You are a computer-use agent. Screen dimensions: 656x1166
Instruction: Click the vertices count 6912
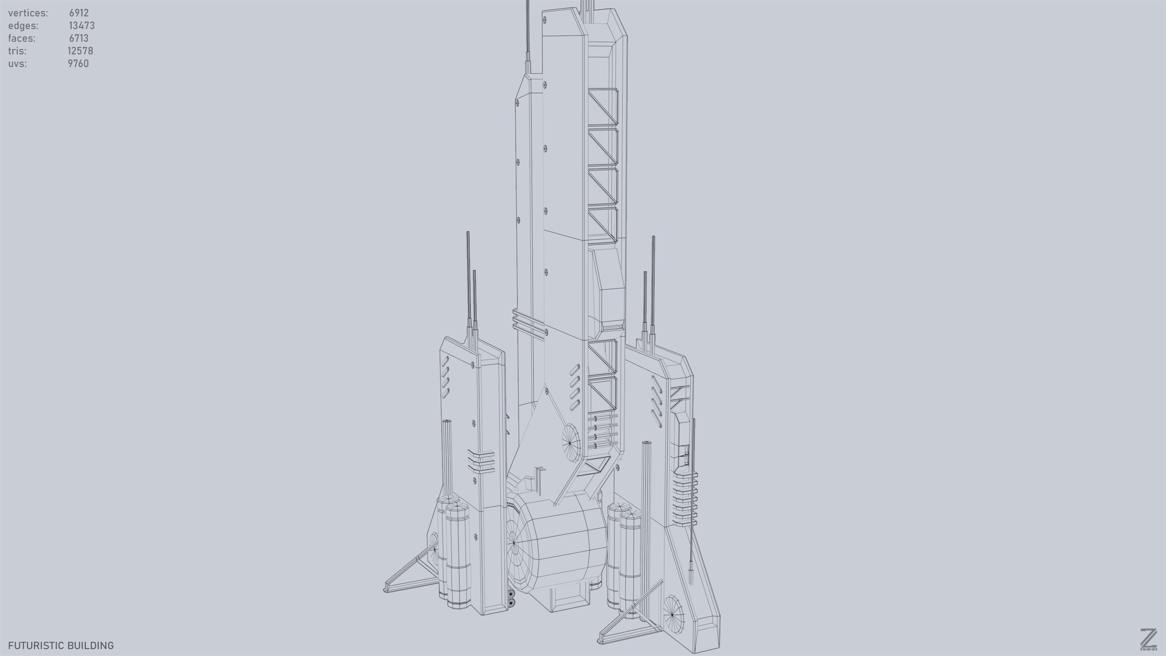(x=79, y=13)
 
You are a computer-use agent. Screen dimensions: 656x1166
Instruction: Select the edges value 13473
(x=81, y=26)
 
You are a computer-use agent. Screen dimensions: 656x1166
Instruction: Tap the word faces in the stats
(x=21, y=38)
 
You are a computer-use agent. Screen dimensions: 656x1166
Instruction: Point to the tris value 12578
(x=80, y=51)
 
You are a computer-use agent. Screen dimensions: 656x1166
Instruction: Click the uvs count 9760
(x=78, y=64)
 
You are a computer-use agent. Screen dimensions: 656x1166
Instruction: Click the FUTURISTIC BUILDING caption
(x=61, y=645)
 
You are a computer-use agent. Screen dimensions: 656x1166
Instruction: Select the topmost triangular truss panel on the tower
(x=602, y=106)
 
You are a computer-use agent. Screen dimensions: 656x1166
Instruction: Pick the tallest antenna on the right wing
(x=653, y=281)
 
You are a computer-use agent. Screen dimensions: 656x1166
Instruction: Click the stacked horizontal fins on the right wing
(x=684, y=498)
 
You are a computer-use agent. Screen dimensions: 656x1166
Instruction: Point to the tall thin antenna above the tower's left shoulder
(x=527, y=36)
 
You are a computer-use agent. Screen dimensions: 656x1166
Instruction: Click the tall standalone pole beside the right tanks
(x=646, y=521)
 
